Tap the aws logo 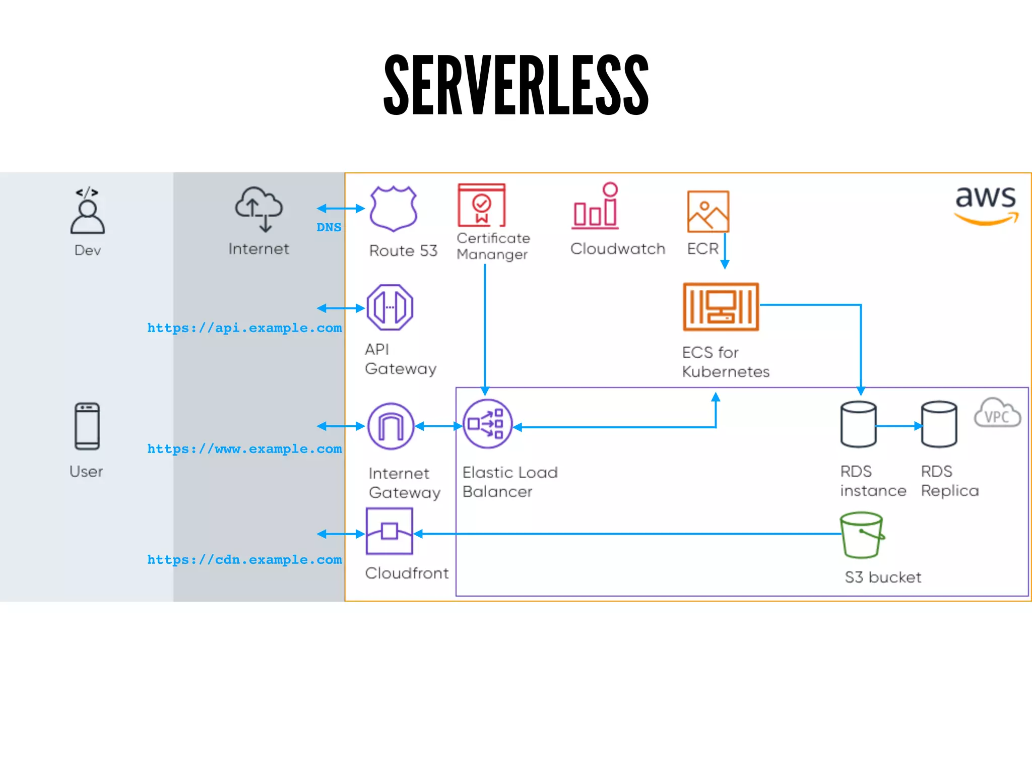click(986, 204)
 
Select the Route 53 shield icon click(393, 208)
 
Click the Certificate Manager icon click(481, 205)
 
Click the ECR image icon click(708, 211)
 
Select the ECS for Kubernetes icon click(721, 306)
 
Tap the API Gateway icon click(390, 307)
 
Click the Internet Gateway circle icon click(391, 426)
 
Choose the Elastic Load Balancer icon click(487, 424)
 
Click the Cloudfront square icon click(390, 531)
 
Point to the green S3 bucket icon click(862, 535)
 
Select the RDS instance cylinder click(858, 424)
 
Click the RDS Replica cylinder click(939, 424)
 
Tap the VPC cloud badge click(997, 413)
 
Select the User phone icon click(87, 426)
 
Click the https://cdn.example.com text click(244, 559)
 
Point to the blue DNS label click(329, 227)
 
